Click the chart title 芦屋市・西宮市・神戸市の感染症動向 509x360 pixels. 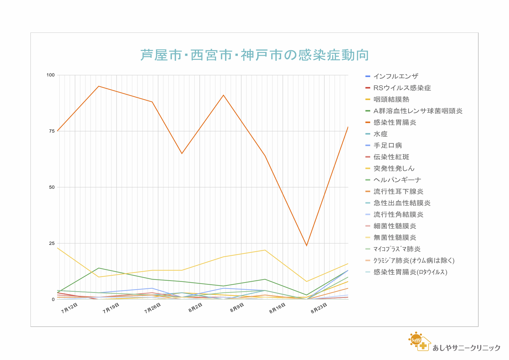(x=254, y=55)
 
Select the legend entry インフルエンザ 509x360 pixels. (x=395, y=76)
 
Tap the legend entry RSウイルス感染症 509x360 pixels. (x=402, y=88)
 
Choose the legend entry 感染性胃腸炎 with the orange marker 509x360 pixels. (x=395, y=123)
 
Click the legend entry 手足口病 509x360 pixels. (x=387, y=145)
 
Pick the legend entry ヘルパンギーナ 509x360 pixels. (x=397, y=180)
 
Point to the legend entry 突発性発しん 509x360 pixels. (x=394, y=168)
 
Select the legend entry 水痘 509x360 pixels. (x=380, y=134)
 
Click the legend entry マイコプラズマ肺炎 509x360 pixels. (x=397, y=249)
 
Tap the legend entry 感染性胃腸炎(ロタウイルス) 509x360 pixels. (x=410, y=272)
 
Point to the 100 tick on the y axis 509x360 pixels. (x=51, y=75)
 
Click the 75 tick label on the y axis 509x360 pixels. (x=52, y=131)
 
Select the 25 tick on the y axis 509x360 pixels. (x=52, y=243)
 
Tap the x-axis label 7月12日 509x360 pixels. (x=69, y=308)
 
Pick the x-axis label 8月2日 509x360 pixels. (x=195, y=308)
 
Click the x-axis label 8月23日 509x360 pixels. (x=319, y=308)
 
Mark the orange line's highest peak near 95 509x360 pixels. (x=99, y=86)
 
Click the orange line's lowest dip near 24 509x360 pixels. (x=306, y=246)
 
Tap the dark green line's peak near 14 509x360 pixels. (x=99, y=268)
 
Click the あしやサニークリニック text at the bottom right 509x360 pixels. (x=466, y=348)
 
